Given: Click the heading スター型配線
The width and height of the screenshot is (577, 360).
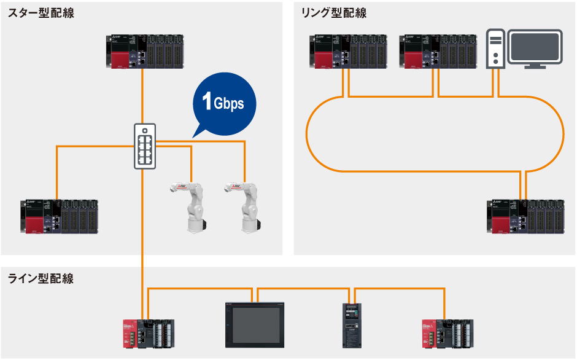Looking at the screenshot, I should [41, 13].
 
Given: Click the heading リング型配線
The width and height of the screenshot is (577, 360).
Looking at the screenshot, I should [333, 13].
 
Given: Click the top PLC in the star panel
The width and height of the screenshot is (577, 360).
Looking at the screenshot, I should [143, 52].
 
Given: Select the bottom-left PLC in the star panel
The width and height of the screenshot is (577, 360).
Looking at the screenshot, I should [56, 216].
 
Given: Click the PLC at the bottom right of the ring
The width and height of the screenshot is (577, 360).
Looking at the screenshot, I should [525, 216].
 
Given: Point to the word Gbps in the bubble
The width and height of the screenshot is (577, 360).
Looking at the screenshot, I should [229, 104].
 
